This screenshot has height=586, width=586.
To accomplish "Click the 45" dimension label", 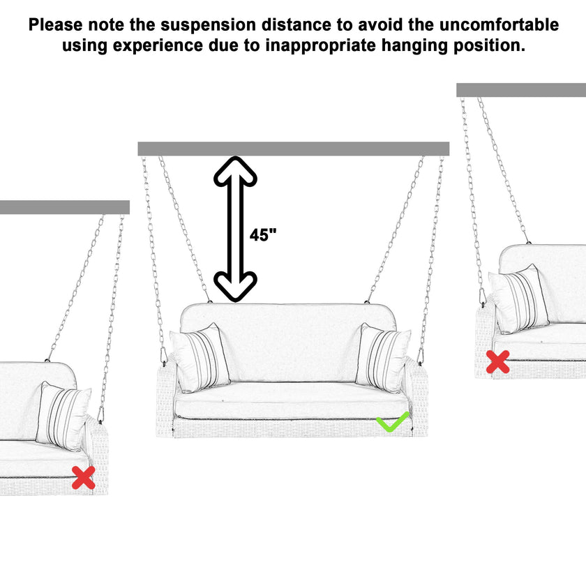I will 263,235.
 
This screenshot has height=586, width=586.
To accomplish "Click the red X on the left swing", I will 84,478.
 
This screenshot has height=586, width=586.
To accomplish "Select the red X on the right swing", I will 497,361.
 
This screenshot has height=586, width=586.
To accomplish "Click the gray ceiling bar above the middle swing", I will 293,149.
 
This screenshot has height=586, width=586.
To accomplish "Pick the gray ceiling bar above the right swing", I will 520,90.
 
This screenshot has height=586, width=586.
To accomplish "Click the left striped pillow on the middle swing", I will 200,358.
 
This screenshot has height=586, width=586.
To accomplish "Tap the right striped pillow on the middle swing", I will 383,358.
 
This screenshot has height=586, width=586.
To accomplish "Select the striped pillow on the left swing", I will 63,416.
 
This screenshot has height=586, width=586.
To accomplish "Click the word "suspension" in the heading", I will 204,25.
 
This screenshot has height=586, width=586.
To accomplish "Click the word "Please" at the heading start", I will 54,25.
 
